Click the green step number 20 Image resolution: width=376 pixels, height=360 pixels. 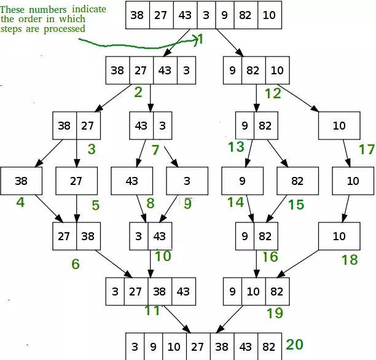tap(295, 345)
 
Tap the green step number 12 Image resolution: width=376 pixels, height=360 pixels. tap(273, 93)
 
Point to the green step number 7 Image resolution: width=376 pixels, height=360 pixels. tap(155, 150)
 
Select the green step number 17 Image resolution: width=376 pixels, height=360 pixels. tap(366, 149)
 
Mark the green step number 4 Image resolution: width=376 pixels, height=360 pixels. tap(20, 202)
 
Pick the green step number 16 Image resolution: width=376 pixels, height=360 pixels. tap(270, 257)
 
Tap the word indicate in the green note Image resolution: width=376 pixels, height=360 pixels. tap(89, 9)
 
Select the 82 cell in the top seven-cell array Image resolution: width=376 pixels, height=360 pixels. tap(246, 15)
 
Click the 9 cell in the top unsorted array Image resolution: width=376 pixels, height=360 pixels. tap(225, 15)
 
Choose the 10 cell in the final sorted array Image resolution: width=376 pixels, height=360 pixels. tap(174, 346)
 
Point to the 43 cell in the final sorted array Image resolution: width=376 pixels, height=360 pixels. tap(246, 346)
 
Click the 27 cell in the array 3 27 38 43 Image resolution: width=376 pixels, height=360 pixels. tap(136, 291)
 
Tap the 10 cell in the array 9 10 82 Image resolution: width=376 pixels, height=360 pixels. tap(254, 291)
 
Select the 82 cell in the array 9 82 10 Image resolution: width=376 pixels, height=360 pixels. tap(254, 70)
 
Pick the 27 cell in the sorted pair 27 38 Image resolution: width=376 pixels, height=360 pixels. tap(65, 237)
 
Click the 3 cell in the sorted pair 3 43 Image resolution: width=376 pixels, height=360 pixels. tap(139, 237)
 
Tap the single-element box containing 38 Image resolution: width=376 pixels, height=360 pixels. tap(22, 181)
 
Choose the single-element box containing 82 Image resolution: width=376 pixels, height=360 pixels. tap(297, 181)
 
